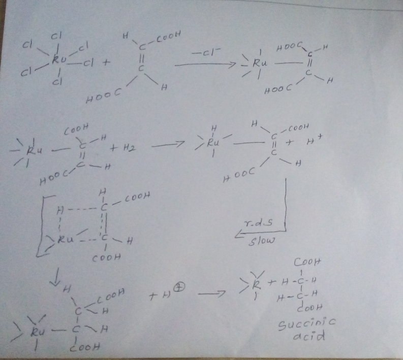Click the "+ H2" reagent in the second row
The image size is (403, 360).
click(x=126, y=148)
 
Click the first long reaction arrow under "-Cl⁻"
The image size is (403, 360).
click(x=203, y=65)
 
